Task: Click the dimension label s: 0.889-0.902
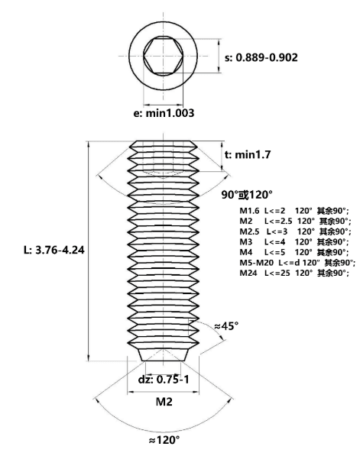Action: [x=261, y=57]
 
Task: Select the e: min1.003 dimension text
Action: [x=164, y=113]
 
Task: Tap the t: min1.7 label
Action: [x=248, y=155]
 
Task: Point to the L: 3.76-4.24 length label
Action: [x=54, y=250]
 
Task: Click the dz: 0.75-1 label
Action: [x=164, y=380]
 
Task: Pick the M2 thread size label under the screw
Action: [x=164, y=402]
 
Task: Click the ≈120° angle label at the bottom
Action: [x=164, y=440]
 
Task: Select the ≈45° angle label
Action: [x=226, y=326]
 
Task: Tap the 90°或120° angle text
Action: [x=247, y=195]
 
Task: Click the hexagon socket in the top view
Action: [x=164, y=56]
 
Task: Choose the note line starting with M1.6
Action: [x=294, y=211]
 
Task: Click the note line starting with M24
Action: [x=294, y=273]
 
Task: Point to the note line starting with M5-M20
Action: [x=297, y=263]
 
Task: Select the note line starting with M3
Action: [x=294, y=242]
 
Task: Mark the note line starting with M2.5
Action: [x=296, y=231]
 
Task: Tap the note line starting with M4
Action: [x=294, y=252]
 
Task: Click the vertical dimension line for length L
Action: [x=89, y=251]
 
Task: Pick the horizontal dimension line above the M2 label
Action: [x=164, y=392]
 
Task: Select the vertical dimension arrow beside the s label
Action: [x=219, y=55]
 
